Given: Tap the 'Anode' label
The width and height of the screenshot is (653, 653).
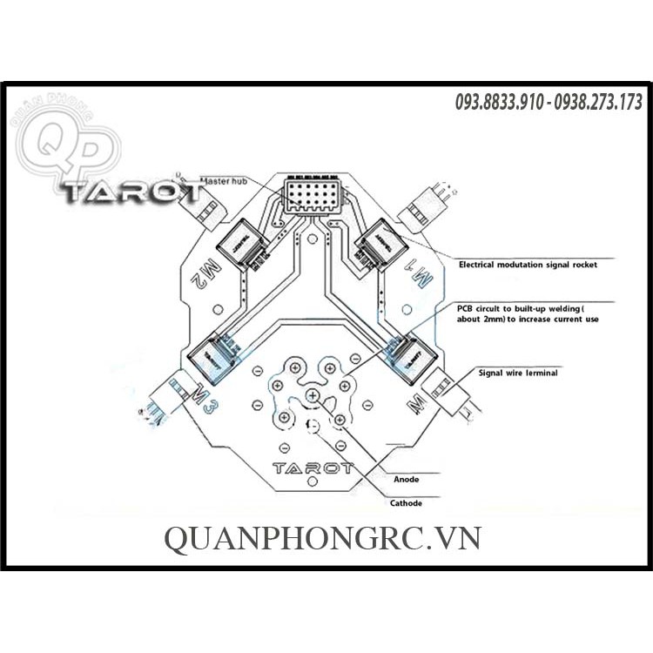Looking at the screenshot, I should (407, 480).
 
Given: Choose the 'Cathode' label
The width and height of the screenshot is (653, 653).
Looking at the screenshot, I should (406, 503).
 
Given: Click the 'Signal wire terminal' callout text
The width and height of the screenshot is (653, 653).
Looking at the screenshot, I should (518, 372).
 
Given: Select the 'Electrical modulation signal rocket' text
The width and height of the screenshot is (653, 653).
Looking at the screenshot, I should (528, 264).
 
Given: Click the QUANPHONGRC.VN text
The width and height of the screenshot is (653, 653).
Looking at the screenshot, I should (322, 539).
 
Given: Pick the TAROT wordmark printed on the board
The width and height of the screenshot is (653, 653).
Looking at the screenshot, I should (313, 468).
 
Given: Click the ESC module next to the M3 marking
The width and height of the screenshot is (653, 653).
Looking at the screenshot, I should (212, 355).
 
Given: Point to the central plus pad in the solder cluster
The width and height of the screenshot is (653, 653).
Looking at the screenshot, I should (313, 397).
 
